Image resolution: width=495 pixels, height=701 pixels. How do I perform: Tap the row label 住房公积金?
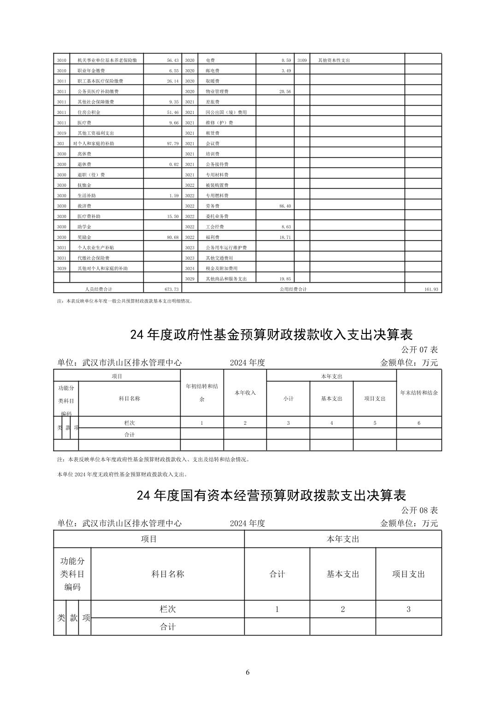point(89,112)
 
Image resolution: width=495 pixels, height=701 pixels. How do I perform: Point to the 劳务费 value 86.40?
point(285,206)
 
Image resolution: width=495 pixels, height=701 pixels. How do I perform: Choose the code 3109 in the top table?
point(302,60)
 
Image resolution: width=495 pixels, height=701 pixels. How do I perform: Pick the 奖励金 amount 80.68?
point(172,237)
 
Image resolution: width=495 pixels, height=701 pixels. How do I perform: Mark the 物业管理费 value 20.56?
point(285,91)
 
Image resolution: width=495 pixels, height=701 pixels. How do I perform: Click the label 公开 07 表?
point(419,350)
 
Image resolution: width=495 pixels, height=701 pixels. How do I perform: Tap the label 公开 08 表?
point(419,510)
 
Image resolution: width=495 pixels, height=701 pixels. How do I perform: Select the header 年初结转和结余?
point(202,392)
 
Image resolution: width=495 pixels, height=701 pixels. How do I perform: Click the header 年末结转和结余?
point(419,392)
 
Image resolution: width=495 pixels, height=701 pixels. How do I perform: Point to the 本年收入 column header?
point(245,392)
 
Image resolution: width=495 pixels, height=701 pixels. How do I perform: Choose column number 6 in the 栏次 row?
point(419,423)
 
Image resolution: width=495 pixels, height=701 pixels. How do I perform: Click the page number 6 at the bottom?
point(247,672)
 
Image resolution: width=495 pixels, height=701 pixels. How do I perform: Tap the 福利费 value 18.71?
point(285,237)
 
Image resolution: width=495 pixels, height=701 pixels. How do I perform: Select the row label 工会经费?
point(215,227)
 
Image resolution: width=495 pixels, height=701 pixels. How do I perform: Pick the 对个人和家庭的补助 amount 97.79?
point(172,143)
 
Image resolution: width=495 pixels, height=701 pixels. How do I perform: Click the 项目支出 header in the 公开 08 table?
point(408,574)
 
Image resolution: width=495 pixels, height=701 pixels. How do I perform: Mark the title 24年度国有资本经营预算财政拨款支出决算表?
point(271,495)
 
